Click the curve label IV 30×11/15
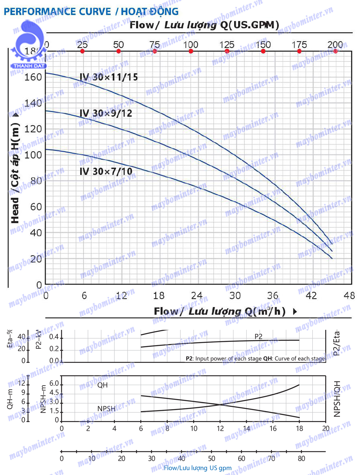pos(109,77)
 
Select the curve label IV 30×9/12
pos(106,113)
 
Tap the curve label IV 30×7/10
pos(106,172)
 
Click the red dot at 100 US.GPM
pos(191,51)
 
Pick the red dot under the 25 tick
pos(82,51)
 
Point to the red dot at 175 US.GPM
pos(299,51)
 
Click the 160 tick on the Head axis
pos(33,77)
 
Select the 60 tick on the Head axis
pos(36,207)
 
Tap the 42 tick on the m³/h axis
pos(311,296)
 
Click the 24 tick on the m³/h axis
pos(197,296)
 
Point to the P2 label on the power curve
pos(258,336)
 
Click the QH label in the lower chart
pos(102,385)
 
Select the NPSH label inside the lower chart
pos(106,409)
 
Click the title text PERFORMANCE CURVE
pos(57,12)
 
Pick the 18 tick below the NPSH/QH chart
pos(299,429)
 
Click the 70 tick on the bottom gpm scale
pos(271,459)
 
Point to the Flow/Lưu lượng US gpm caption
pos(198,468)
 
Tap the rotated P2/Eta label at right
pos(337,342)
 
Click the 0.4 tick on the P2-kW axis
pos(54,337)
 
